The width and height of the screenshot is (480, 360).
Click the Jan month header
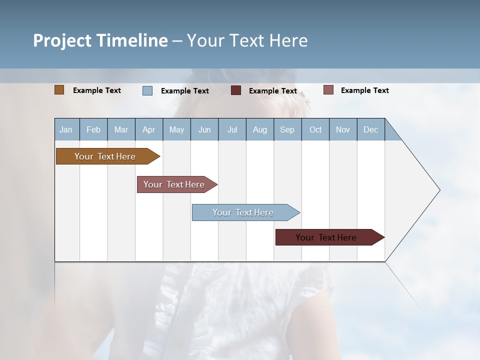point(66,129)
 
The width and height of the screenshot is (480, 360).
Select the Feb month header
point(93,129)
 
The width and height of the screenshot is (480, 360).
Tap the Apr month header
point(148,129)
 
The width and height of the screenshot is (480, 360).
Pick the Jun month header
point(204,129)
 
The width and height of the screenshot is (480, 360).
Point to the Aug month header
point(260,129)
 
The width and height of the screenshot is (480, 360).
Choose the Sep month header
point(287,129)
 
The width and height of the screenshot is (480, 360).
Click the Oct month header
point(315,129)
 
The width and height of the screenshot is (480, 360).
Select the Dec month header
point(371,129)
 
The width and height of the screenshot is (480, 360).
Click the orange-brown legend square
point(59,90)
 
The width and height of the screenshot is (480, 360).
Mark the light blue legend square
point(147,90)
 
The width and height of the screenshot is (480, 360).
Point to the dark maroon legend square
point(236,90)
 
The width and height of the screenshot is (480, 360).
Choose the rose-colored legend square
point(328,90)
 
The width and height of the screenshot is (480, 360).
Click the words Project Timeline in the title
point(100,40)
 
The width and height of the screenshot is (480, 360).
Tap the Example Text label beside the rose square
point(364,90)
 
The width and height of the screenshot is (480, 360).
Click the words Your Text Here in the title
point(247,40)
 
